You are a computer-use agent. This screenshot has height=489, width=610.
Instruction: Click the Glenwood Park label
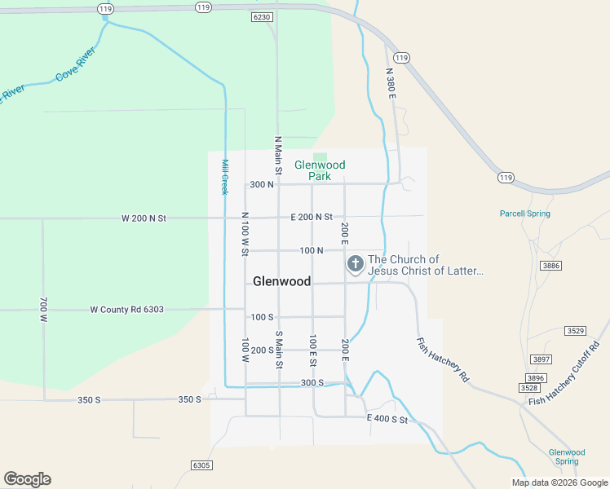tap(320, 170)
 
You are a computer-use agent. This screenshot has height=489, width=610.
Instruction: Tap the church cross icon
tap(356, 263)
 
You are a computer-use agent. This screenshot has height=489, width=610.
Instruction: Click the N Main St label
tap(277, 156)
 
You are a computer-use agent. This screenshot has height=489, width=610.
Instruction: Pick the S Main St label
tap(278, 350)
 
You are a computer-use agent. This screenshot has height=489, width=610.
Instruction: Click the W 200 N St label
tap(144, 218)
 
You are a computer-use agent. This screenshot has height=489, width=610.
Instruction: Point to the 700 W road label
tap(43, 310)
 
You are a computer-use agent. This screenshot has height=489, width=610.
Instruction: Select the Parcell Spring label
tap(524, 214)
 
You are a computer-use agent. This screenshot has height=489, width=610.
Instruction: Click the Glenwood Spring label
tap(567, 456)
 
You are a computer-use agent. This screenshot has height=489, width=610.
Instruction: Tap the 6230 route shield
tap(262, 16)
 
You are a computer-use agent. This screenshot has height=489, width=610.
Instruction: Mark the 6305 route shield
tap(201, 465)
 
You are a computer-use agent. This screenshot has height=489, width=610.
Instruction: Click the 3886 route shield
tap(551, 266)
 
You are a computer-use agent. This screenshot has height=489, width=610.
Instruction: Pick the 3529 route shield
tap(575, 330)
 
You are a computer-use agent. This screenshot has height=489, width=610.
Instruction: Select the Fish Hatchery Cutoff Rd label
tap(564, 374)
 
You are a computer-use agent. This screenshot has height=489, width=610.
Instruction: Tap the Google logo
tap(27, 479)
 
